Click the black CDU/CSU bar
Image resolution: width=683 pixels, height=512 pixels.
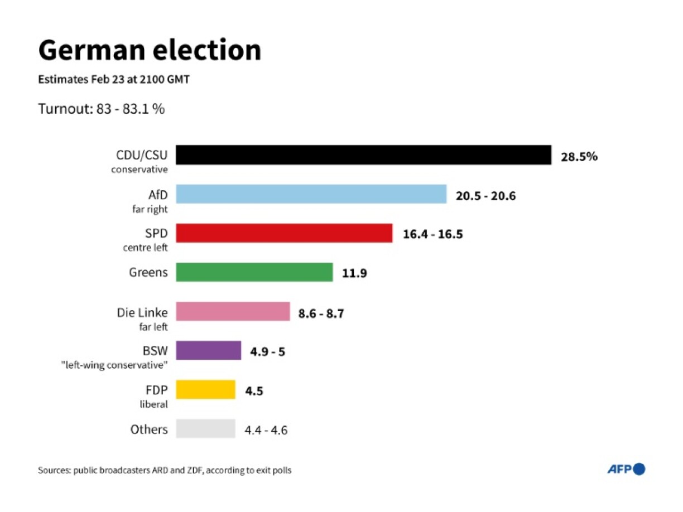click(x=363, y=155)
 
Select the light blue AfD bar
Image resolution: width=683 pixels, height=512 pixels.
click(x=311, y=194)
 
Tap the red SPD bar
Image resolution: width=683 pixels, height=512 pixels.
click(x=284, y=233)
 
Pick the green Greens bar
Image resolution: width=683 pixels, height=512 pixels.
click(x=254, y=272)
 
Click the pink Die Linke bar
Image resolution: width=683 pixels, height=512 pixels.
click(x=233, y=312)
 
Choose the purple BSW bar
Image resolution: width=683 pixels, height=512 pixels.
click(x=208, y=351)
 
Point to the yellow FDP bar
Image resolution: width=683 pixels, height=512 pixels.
click(x=205, y=390)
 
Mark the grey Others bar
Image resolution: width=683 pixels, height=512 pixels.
click(x=205, y=429)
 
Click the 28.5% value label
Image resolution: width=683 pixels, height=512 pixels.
click(x=579, y=157)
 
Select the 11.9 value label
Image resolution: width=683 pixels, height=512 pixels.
click(x=354, y=274)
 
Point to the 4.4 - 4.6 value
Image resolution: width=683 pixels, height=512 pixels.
click(x=266, y=430)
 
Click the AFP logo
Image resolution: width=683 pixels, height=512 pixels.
click(x=626, y=470)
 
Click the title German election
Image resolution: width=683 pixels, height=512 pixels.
click(x=150, y=50)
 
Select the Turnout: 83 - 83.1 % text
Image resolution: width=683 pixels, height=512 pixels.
click(x=101, y=109)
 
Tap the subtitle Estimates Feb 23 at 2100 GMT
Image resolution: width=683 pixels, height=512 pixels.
click(x=114, y=80)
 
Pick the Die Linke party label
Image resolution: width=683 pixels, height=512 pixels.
click(x=141, y=313)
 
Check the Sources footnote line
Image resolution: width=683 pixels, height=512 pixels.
click(x=165, y=470)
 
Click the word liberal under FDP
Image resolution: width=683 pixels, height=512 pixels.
click(x=153, y=404)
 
